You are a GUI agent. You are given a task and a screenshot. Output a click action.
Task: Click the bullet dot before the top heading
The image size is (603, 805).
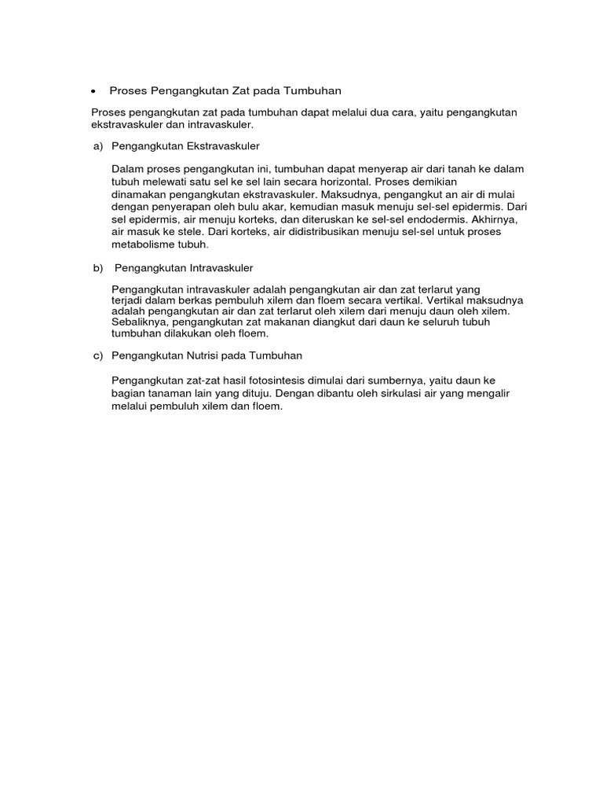93,91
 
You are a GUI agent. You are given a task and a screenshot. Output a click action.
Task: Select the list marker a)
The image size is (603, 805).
98,146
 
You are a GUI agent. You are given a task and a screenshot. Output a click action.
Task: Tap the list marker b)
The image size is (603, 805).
98,268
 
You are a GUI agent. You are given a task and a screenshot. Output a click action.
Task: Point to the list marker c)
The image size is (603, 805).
98,356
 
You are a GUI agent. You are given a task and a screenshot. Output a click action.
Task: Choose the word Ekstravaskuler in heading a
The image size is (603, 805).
223,146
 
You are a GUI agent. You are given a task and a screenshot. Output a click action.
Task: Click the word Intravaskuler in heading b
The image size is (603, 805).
222,268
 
